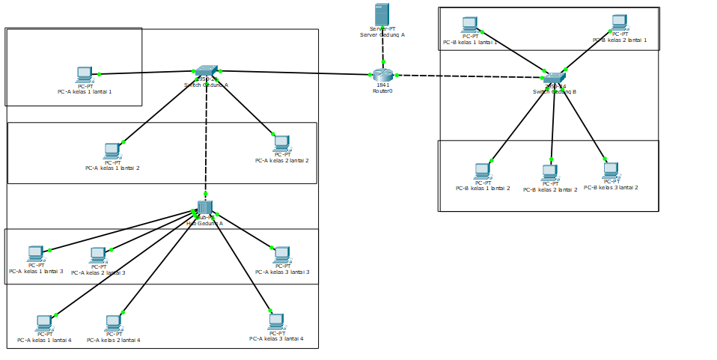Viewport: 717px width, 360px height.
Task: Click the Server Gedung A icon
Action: coord(382,15)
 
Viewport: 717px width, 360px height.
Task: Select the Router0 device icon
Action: coord(382,75)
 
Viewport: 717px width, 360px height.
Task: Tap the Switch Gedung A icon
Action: coord(205,71)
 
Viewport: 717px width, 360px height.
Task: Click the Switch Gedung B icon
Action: coord(554,78)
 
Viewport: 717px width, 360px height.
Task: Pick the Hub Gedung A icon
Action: coord(205,207)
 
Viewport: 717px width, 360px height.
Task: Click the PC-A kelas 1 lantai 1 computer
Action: coord(85,74)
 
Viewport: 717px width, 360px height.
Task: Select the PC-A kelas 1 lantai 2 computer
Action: coord(112,150)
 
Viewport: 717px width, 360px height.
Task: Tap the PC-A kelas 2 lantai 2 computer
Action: coord(281,143)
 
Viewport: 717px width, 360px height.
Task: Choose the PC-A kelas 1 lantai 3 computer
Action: coord(35,253)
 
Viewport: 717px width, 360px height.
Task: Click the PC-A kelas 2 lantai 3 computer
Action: coord(98,255)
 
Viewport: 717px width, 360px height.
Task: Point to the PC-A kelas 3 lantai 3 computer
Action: coord(282,254)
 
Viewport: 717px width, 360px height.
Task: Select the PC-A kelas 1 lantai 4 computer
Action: coord(44,323)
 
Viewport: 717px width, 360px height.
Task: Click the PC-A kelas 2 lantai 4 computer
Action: coord(113,323)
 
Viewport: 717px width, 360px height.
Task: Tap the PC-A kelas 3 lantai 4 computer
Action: coord(276,321)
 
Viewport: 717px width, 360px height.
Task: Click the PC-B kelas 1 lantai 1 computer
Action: coord(469,25)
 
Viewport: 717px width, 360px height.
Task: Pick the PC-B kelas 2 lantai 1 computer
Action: coord(619,22)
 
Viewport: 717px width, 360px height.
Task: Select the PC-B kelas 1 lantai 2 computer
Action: coord(483,171)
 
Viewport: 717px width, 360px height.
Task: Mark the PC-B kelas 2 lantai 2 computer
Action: coord(550,173)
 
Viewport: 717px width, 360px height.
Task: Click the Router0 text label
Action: coord(382,91)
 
